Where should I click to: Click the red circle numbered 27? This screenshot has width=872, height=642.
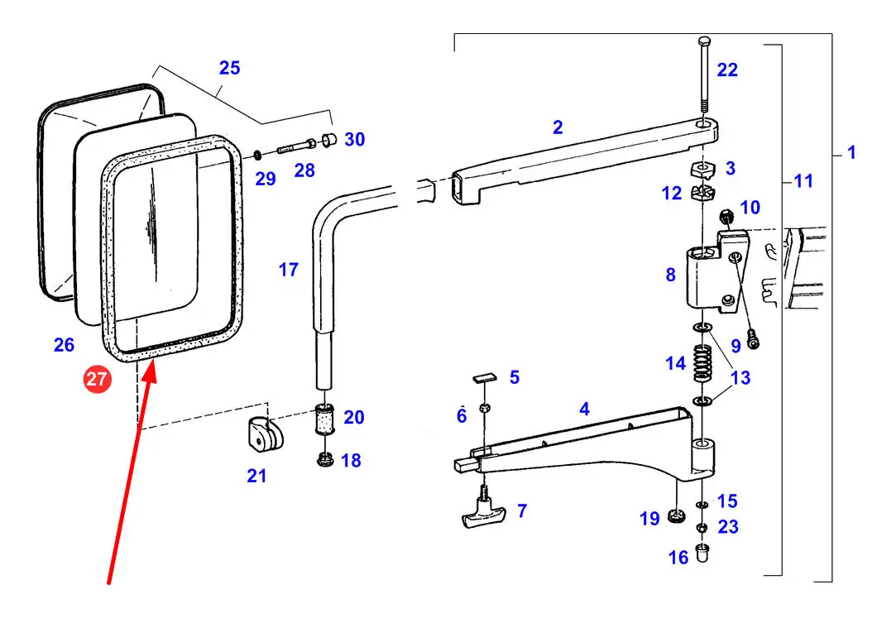(x=97, y=381)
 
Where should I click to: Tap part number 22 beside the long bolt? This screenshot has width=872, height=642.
(x=726, y=70)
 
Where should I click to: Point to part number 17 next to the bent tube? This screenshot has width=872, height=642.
(x=288, y=270)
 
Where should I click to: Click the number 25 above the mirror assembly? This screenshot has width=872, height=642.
(x=229, y=68)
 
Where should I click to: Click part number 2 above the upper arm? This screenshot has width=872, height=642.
(x=558, y=127)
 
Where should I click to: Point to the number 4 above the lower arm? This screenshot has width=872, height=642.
(x=584, y=409)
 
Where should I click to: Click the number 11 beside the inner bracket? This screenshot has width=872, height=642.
(x=803, y=180)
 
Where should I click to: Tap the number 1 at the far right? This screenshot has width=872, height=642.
(x=851, y=153)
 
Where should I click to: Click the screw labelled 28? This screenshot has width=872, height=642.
(x=294, y=148)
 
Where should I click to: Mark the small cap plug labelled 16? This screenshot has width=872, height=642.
(x=702, y=552)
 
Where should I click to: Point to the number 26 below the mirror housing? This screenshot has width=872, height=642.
(x=64, y=346)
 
